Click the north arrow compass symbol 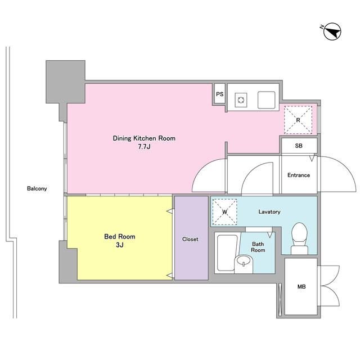332,31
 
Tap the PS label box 220,94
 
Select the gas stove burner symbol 241,100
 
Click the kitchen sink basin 266,100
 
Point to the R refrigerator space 298,120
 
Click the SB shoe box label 299,146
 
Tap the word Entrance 299,175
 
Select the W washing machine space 225,212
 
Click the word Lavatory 269,211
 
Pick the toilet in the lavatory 299,238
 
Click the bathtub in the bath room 226,253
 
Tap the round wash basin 244,264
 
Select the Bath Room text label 258,247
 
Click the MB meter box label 301,286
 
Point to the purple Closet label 190,239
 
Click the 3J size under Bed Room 120,245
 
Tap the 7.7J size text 144,147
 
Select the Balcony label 37,189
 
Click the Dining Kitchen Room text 144,138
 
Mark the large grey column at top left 66,82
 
